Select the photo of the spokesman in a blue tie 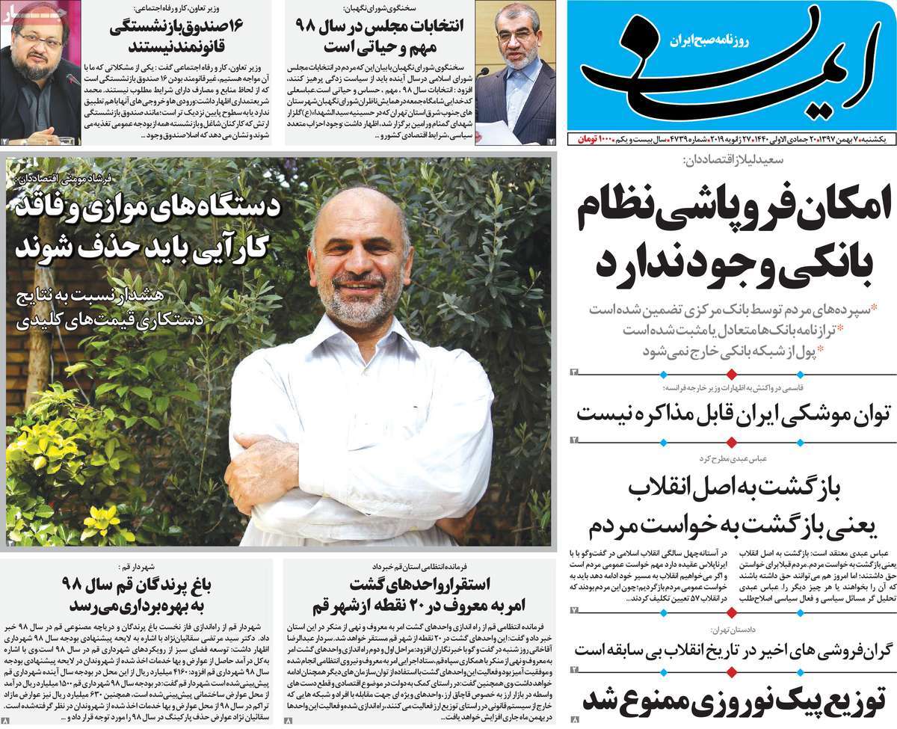(515, 71)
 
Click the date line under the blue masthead (732, 140)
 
